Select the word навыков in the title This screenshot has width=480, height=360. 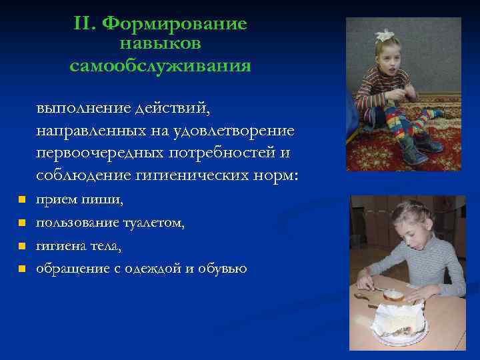click(160, 44)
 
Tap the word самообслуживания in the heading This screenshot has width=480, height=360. click(160, 66)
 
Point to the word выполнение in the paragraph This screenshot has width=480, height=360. click(84, 107)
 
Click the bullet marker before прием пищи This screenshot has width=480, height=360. click(22, 200)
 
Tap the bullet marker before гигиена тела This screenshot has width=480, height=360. click(22, 246)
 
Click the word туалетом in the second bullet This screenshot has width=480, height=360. click(155, 223)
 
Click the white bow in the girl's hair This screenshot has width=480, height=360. click(385, 34)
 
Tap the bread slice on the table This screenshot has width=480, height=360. click(393, 293)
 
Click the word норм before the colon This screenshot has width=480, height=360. click(281, 176)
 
